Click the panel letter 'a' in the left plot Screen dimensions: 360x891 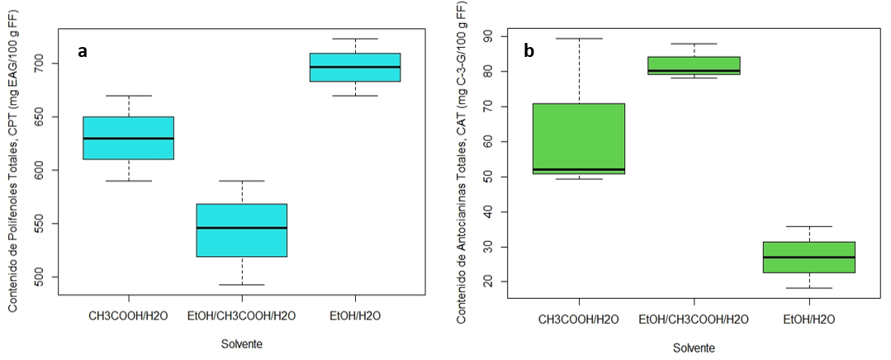tap(82, 51)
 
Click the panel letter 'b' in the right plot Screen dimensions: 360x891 tap(528, 51)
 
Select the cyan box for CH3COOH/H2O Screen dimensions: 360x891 tap(129, 138)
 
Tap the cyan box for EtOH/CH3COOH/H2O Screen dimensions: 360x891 tap(242, 230)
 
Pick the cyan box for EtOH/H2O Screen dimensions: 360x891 tap(355, 67)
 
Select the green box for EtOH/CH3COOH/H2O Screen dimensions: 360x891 tap(694, 65)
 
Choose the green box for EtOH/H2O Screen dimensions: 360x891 tap(808, 257)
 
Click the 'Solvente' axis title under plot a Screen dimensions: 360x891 tap(242, 343)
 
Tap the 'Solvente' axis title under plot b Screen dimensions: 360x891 tap(694, 348)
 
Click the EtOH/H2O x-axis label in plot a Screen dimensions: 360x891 tap(355, 315)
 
